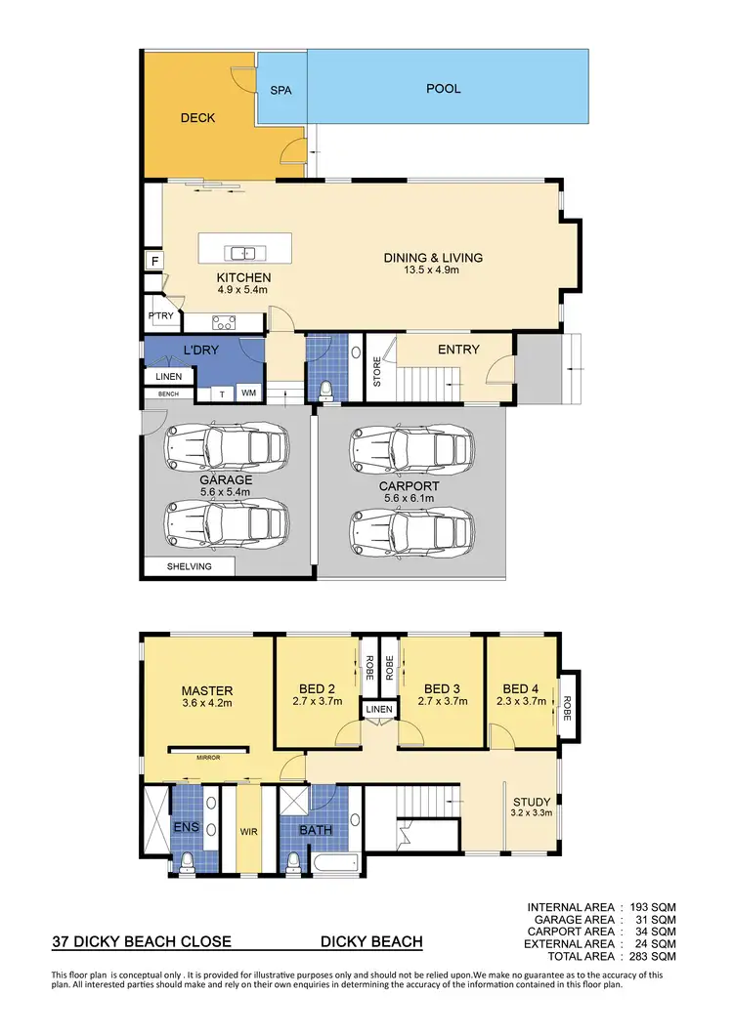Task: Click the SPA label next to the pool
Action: tap(280, 90)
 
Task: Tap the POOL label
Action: tap(443, 89)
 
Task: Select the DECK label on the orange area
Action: tap(197, 118)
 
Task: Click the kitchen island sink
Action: tap(242, 253)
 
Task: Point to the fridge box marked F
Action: tap(153, 261)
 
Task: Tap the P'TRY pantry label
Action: tap(160, 315)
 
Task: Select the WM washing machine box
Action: tap(248, 394)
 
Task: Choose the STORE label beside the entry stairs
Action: tap(378, 371)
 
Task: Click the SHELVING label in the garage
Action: tap(189, 566)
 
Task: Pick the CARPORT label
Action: tap(409, 485)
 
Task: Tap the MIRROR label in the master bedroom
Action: tap(206, 756)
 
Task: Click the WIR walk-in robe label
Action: tap(248, 833)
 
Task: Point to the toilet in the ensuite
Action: tap(187, 860)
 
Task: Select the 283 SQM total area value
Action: tap(651, 956)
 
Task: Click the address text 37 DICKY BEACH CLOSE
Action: tap(142, 942)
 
